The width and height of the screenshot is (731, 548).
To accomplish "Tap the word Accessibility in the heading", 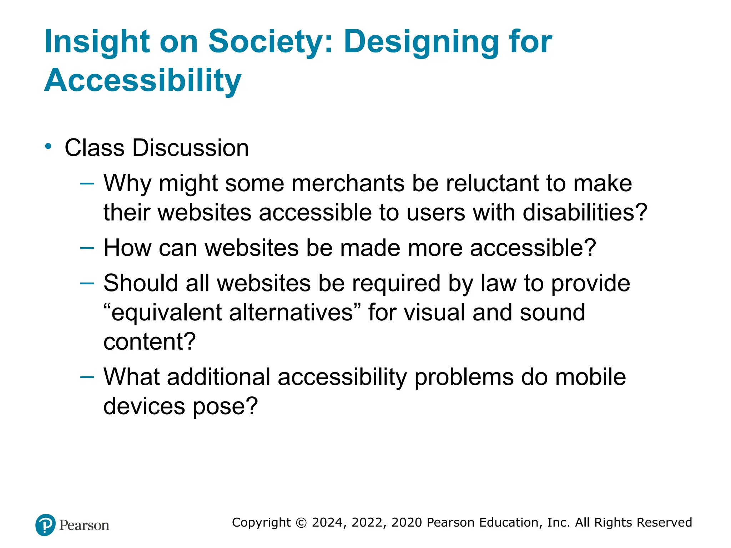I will [143, 80].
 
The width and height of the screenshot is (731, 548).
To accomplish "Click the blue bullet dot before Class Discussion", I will [48, 146].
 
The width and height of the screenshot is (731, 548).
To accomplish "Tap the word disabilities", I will [585, 213].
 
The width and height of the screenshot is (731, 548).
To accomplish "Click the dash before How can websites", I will [87, 248].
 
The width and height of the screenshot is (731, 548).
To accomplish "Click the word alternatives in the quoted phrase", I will [291, 313].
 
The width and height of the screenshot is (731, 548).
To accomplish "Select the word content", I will [149, 341].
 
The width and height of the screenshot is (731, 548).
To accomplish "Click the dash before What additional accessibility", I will [87, 377].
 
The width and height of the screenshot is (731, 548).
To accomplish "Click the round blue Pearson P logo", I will [46, 525].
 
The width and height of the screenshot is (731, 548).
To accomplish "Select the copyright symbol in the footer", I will [301, 523].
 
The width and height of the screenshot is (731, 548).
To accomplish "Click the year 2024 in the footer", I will [327, 523].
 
